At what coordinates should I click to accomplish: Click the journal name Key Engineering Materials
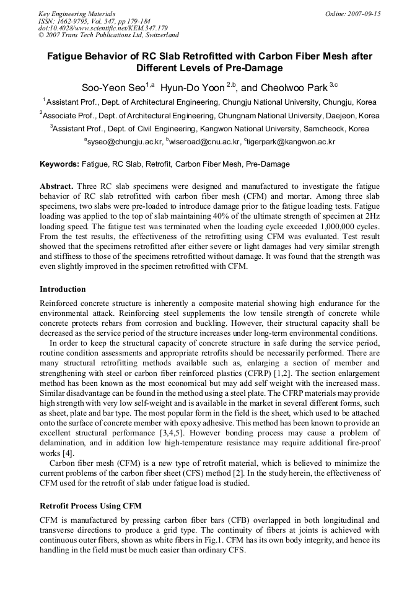coord(77,14)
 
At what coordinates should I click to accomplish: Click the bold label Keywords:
coord(59,164)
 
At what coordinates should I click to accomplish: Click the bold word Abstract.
coord(56,186)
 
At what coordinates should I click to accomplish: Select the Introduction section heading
coord(63,289)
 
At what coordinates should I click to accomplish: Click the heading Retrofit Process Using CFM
coord(90,506)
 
